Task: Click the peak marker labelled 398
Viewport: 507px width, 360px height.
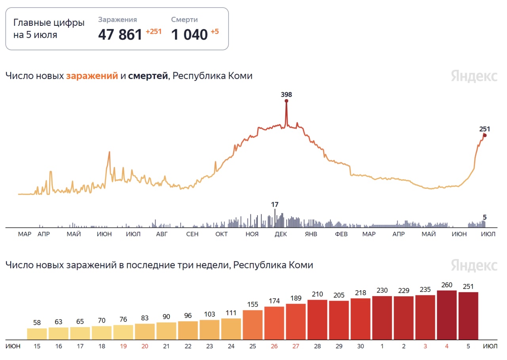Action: tap(286, 101)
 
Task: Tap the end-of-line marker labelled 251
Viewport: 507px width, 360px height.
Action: tap(484, 135)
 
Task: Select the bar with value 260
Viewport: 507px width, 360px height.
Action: tap(447, 315)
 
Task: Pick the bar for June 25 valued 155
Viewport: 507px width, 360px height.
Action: tap(253, 325)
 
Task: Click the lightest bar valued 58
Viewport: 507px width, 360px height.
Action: tap(37, 333)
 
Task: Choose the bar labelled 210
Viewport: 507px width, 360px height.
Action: tap(317, 320)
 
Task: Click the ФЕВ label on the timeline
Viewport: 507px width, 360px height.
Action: tap(341, 234)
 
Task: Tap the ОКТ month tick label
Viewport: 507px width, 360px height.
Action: tap(221, 234)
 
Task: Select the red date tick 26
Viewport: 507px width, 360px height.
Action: tap(274, 346)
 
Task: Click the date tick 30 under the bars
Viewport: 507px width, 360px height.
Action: tap(360, 346)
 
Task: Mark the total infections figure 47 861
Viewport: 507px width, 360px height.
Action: tap(120, 35)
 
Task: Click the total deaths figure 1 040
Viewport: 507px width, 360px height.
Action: tap(189, 35)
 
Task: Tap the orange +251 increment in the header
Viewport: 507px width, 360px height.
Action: tap(154, 32)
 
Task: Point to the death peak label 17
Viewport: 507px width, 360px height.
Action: tap(274, 205)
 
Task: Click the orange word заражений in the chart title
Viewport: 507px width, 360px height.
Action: tap(92, 76)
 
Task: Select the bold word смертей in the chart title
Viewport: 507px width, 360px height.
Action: tap(148, 76)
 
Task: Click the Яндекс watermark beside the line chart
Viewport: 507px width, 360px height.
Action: tap(474, 76)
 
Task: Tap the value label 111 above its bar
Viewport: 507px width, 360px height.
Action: tap(231, 313)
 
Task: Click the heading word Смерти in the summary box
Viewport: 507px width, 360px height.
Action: tap(184, 19)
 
